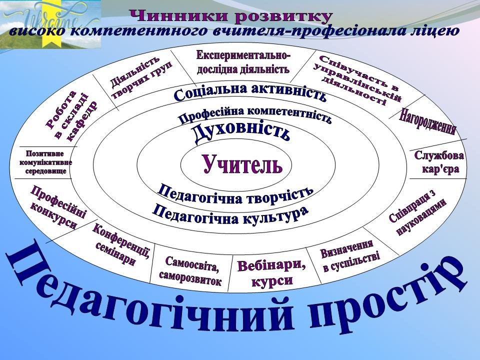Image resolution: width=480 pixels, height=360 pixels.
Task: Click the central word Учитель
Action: tap(242, 164)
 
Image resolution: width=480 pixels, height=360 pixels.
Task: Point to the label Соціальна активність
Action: tap(250, 92)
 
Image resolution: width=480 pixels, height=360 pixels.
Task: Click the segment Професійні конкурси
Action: tap(57, 207)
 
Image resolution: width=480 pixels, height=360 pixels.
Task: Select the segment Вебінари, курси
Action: tap(271, 272)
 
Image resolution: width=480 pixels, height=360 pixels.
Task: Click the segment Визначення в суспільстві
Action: tap(349, 255)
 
